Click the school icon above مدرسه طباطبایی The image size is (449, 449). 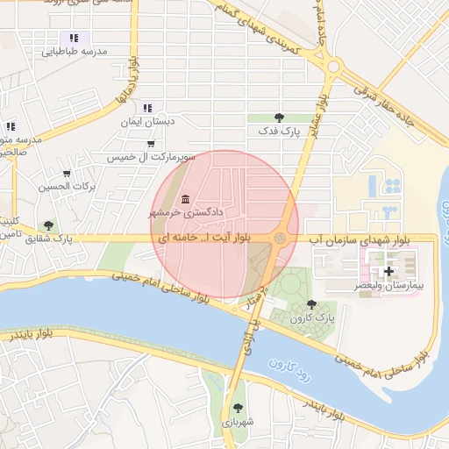75,38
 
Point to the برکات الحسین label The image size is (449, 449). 67,187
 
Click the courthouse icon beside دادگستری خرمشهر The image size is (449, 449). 184,196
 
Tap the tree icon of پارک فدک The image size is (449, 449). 279,117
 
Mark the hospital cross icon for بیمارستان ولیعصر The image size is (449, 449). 388,272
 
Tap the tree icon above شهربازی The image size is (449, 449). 238,406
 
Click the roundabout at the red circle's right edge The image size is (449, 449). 281,238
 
